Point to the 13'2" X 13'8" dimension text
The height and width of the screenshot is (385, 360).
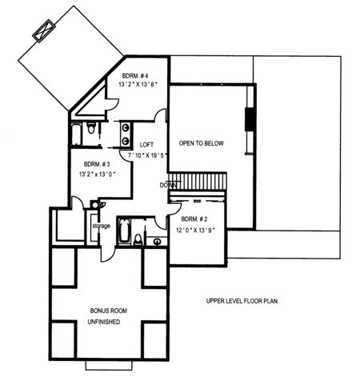pos(138,85)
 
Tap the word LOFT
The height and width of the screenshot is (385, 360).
pos(146,145)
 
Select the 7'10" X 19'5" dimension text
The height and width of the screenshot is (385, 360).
pos(147,155)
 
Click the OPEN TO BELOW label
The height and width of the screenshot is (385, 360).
pos(201,143)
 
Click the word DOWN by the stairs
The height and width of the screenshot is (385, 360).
pos(168,185)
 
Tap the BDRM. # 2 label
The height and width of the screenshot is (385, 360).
pos(194,219)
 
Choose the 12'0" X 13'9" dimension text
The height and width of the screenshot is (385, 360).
pos(196,230)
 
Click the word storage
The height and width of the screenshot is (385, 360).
pos(101,226)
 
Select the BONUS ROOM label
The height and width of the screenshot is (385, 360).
pos(109,311)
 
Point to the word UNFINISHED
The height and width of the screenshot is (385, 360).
pos(104,322)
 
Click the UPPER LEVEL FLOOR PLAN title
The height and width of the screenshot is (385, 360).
pos(242,301)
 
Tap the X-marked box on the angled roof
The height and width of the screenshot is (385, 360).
pos(44,30)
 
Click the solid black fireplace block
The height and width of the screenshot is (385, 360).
pos(250,119)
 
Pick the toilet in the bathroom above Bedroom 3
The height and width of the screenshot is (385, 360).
pos(91,128)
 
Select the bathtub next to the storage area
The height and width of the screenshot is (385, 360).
pos(124,231)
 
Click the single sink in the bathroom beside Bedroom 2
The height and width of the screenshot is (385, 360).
pos(158,242)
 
